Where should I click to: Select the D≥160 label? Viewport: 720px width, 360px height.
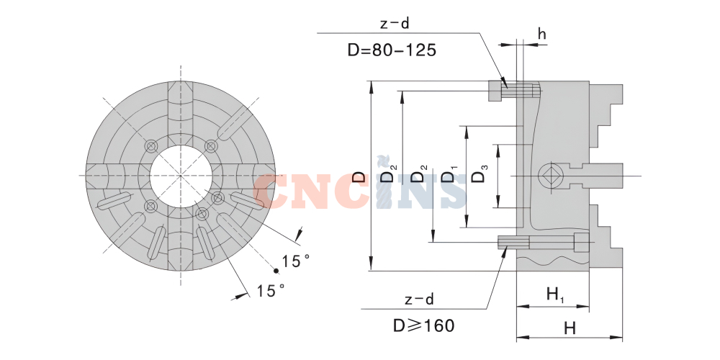[x=424, y=325]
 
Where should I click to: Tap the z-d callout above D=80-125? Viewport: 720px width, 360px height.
[x=395, y=23]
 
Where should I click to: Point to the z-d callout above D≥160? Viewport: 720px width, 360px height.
[x=419, y=299]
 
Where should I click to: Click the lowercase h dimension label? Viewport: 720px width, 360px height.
[x=541, y=34]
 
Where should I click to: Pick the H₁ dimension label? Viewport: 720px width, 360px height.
[x=555, y=294]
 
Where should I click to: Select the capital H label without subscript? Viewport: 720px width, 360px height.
[x=570, y=328]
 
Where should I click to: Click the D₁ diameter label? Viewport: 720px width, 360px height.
[x=449, y=176]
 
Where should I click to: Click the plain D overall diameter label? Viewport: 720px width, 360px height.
[x=359, y=176]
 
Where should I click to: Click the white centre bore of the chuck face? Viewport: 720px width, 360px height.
[x=180, y=176]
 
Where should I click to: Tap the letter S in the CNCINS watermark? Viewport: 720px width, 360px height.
[x=449, y=192]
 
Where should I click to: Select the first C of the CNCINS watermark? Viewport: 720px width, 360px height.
[x=279, y=192]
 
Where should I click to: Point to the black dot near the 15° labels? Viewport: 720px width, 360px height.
[x=276, y=271]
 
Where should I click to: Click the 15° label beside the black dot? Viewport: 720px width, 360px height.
[x=295, y=261]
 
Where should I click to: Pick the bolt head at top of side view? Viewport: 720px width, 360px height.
[x=496, y=91]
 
